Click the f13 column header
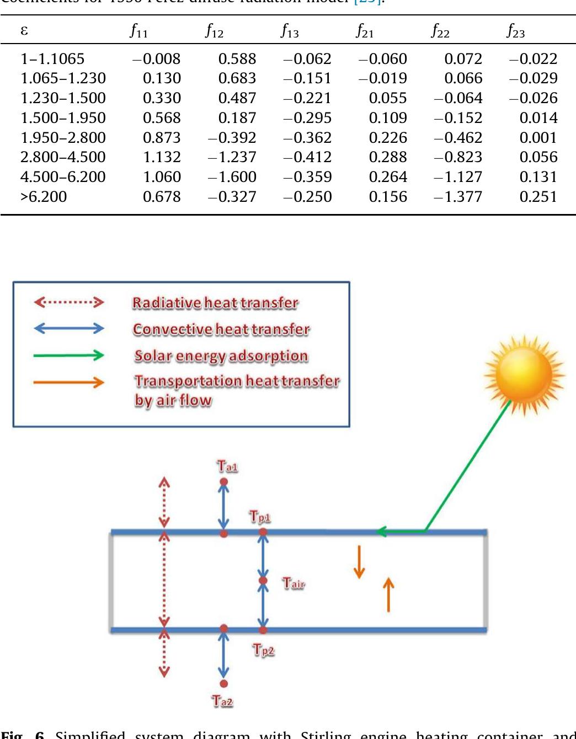point(290,31)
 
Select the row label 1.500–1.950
point(63,117)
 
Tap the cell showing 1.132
point(162,157)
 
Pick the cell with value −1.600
point(232,177)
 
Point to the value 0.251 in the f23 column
point(538,197)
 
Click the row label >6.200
point(44,197)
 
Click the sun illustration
point(524,374)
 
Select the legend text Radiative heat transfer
point(215,303)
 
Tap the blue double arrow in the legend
point(68,329)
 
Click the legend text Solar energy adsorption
point(221,356)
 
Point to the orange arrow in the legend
point(68,382)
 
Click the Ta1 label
point(227,467)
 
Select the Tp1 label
point(260,517)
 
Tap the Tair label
point(293,583)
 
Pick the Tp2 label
point(263,650)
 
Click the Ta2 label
point(222,701)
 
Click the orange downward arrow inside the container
point(359,561)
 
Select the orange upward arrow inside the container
point(388,595)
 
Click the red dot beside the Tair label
point(263,580)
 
